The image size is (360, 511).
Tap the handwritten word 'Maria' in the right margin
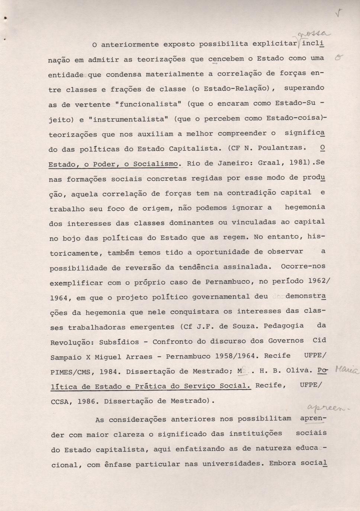tap(346, 369)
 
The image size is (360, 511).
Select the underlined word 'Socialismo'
tap(157, 164)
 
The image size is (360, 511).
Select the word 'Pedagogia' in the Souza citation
tap(283, 326)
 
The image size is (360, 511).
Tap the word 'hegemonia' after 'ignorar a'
tap(305, 207)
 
